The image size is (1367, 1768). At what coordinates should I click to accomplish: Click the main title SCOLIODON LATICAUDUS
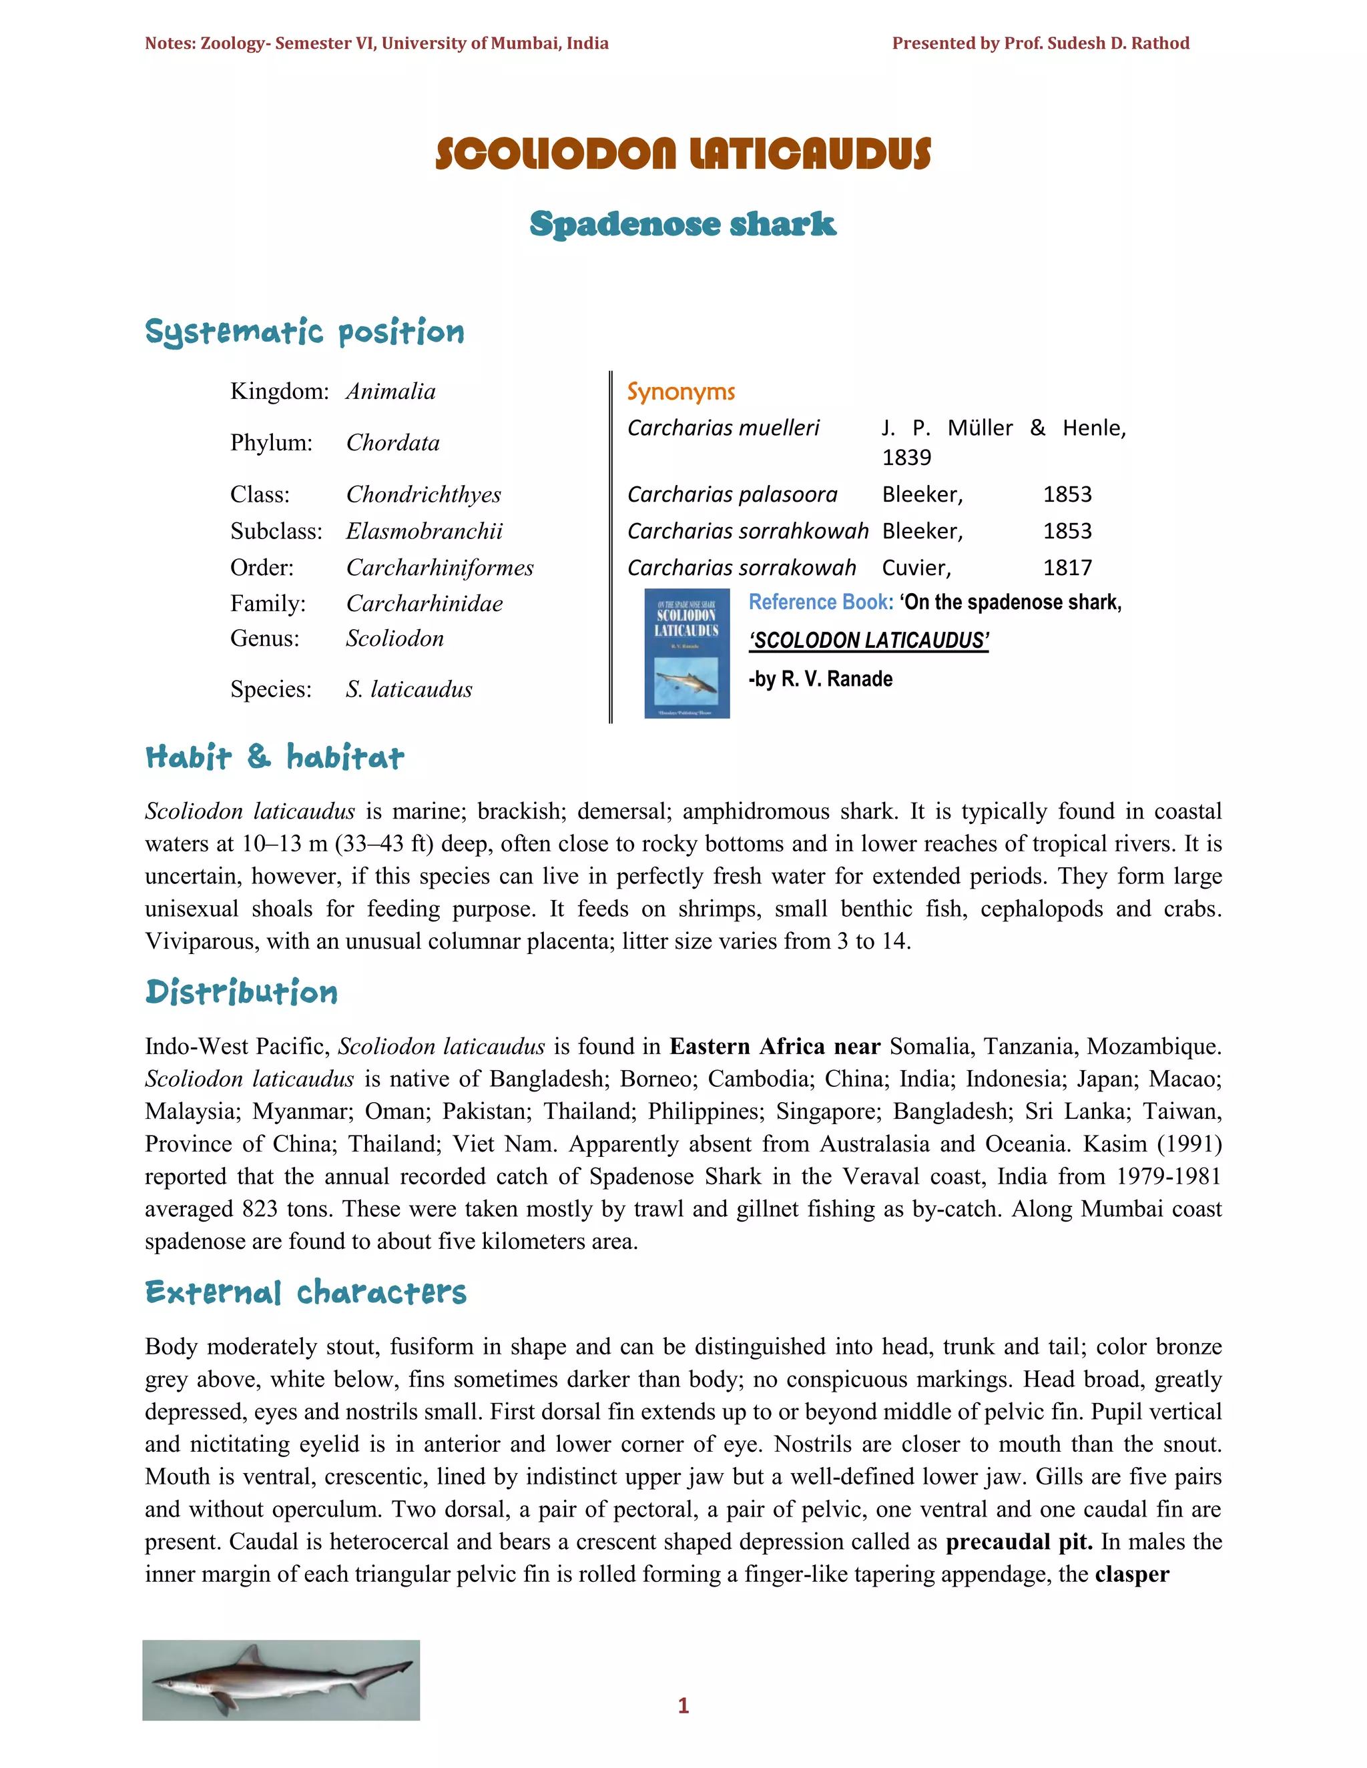[x=683, y=154]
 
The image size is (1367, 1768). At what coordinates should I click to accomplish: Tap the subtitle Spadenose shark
[x=683, y=224]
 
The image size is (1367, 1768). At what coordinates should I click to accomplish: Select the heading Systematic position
[x=304, y=332]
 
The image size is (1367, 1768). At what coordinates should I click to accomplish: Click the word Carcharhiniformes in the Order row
[x=440, y=568]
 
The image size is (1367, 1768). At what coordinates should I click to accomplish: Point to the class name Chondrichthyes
[x=424, y=494]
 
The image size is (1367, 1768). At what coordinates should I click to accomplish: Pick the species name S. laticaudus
[x=409, y=690]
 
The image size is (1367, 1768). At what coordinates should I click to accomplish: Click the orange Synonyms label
[x=681, y=392]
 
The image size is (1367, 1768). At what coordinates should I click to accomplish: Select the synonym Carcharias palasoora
[x=732, y=494]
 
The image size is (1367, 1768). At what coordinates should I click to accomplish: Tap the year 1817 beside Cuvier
[x=1067, y=568]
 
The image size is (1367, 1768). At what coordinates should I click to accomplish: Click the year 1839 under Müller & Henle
[x=906, y=458]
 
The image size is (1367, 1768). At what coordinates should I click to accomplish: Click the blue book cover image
[x=687, y=653]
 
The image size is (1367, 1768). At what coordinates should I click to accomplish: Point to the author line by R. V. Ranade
[x=820, y=679]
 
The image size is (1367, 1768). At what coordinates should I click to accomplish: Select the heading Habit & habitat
[x=274, y=758]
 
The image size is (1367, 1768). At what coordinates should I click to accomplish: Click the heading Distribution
[x=242, y=993]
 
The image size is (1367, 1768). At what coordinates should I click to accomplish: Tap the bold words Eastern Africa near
[x=774, y=1047]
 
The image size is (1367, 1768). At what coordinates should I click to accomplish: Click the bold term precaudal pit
[x=1019, y=1541]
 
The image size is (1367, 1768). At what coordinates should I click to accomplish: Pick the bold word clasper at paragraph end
[x=1131, y=1575]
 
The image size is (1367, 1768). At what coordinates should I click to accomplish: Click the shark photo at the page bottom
[x=281, y=1680]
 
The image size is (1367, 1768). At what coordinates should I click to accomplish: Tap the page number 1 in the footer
[x=683, y=1706]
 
